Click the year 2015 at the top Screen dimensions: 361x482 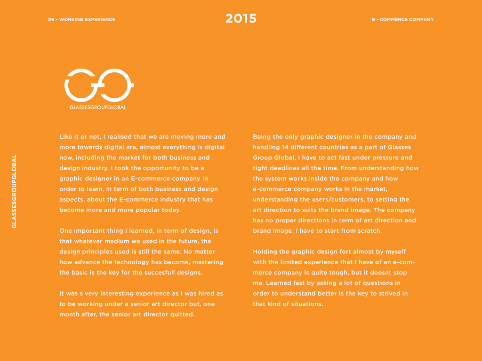click(241, 19)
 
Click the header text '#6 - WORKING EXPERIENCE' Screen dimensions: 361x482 click(81, 20)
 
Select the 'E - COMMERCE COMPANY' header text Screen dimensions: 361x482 click(402, 20)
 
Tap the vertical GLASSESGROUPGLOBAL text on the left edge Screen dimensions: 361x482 click(14, 191)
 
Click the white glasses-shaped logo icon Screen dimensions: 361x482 click(99, 85)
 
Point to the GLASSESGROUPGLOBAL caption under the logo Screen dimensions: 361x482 click(97, 107)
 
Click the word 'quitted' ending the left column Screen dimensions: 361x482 click(182, 314)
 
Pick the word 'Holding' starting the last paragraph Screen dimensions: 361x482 click(265, 251)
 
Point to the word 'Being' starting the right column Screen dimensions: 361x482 click(262, 137)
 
